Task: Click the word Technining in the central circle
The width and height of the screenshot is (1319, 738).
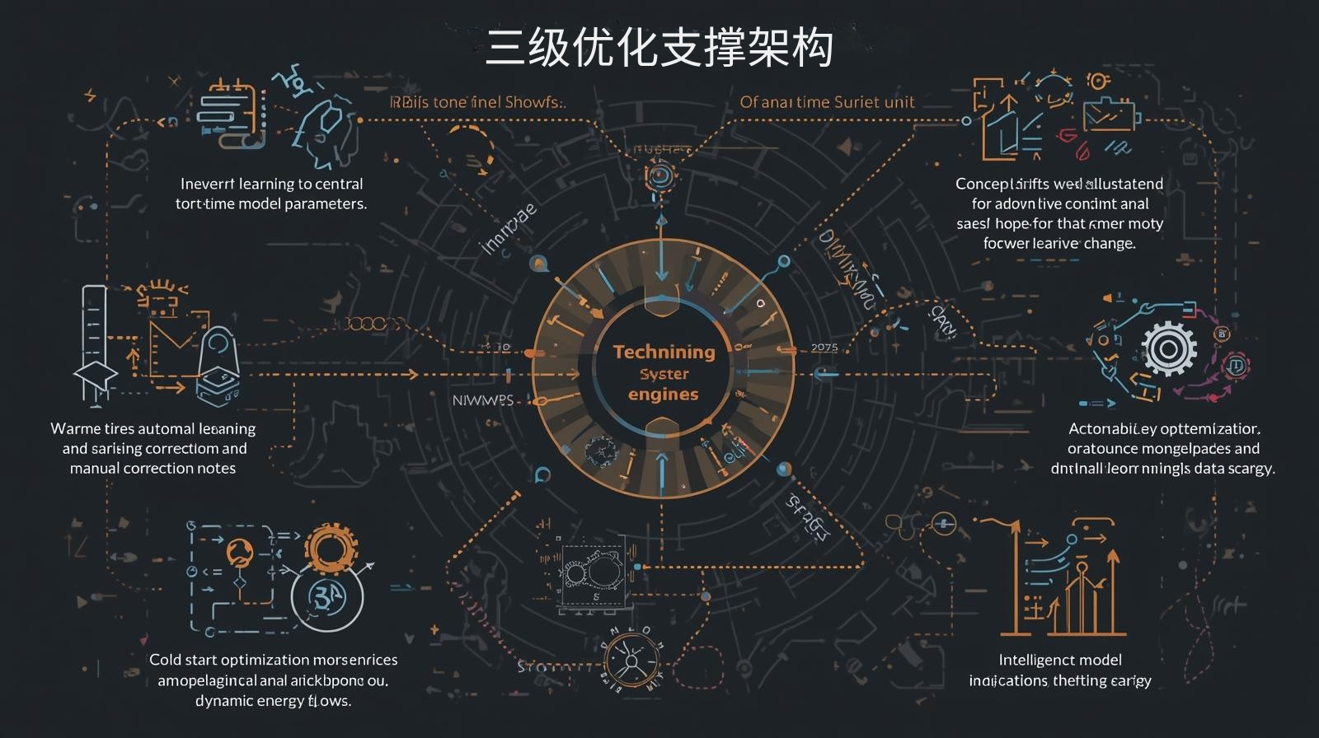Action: [x=664, y=353]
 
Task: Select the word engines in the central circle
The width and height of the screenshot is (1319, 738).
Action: [x=663, y=395]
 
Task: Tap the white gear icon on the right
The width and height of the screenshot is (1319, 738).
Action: [x=1167, y=349]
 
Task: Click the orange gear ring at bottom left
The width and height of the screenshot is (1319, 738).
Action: [x=332, y=550]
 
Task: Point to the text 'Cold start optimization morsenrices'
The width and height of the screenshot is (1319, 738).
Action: [x=273, y=660]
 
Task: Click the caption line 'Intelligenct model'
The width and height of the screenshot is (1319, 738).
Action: [x=1060, y=660]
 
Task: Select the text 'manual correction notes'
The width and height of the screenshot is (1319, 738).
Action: [x=153, y=469]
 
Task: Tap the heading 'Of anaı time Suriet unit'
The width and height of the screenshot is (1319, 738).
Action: [x=827, y=102]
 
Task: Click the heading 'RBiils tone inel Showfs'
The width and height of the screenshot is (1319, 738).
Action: [x=478, y=103]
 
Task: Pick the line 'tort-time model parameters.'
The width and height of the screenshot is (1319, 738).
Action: [x=271, y=203]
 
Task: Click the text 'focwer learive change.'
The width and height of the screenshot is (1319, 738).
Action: [x=1059, y=243]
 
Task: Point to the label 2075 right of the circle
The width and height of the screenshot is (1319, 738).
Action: [x=824, y=348]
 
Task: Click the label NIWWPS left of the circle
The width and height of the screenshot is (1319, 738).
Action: [x=483, y=400]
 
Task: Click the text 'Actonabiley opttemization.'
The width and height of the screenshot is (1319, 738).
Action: [x=1164, y=429]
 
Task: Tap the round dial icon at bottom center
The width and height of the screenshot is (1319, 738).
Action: [x=632, y=660]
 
